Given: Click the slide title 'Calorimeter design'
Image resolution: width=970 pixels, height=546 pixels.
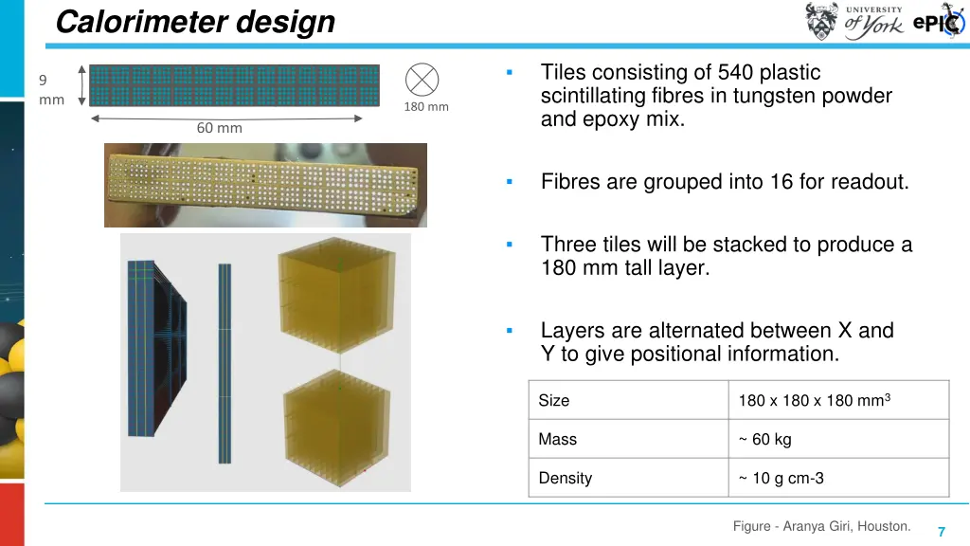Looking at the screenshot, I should (x=195, y=22).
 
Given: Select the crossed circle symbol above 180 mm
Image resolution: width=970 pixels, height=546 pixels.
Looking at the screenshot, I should (x=422, y=79).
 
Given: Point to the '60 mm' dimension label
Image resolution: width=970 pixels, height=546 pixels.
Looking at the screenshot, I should (x=219, y=128).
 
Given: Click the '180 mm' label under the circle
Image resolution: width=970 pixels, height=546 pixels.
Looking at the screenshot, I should (x=426, y=106).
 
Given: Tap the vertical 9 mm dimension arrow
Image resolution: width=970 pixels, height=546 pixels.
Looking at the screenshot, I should (x=82, y=85).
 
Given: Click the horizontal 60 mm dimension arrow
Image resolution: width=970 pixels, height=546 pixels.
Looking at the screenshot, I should (x=226, y=118).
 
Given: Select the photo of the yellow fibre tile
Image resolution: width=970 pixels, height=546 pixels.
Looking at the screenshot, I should (x=265, y=185).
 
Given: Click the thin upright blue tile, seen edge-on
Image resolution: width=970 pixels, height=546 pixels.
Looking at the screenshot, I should (x=225, y=363).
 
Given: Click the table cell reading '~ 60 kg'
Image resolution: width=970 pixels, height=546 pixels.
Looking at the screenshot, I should (x=764, y=439).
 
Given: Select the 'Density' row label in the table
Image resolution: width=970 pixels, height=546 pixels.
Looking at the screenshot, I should (x=566, y=478).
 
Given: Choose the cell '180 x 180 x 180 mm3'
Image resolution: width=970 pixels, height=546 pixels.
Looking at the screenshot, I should (x=814, y=400).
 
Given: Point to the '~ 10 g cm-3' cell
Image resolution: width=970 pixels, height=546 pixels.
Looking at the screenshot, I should (x=781, y=478).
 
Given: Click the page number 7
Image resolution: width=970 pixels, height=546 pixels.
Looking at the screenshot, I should (x=942, y=532).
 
